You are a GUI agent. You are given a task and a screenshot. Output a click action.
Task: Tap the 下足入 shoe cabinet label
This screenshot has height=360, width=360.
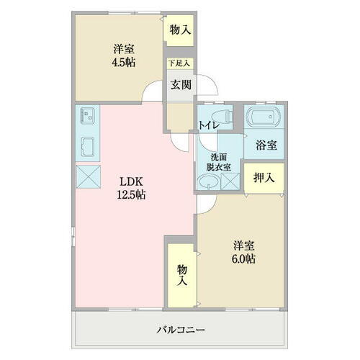[x=179, y=63]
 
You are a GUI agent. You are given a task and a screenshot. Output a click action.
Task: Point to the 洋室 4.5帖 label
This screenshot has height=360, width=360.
[x=123, y=55]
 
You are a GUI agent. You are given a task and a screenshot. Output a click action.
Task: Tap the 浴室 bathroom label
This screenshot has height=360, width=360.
[x=266, y=144]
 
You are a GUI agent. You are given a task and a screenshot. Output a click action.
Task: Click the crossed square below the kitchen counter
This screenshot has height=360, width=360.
[x=89, y=176]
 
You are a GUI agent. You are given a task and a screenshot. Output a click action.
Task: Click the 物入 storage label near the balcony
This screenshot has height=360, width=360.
[x=181, y=274]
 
